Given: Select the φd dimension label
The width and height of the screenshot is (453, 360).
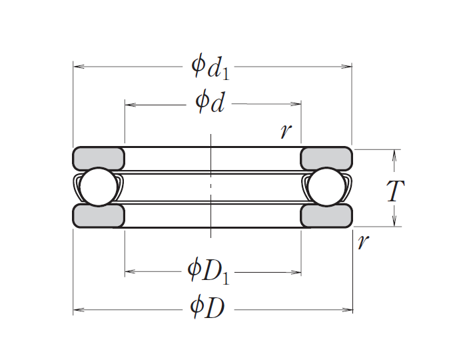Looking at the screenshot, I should (210, 103).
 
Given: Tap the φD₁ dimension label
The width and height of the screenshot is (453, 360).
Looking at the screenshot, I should (209, 271).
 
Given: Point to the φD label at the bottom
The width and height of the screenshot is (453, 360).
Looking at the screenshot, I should (207, 308).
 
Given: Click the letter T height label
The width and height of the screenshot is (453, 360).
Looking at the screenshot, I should (395, 192).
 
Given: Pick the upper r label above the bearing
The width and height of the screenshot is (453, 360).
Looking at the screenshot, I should (286, 130).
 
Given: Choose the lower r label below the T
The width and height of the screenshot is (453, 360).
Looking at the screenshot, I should (362, 242).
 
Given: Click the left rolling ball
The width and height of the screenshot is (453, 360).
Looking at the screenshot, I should (97, 187).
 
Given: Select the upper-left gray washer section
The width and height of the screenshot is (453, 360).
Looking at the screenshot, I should (99, 158).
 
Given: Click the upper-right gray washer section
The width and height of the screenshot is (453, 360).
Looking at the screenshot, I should (326, 158).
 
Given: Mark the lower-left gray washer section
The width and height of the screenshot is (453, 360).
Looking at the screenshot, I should (99, 216).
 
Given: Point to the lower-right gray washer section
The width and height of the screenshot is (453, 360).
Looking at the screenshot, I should (326, 216).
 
